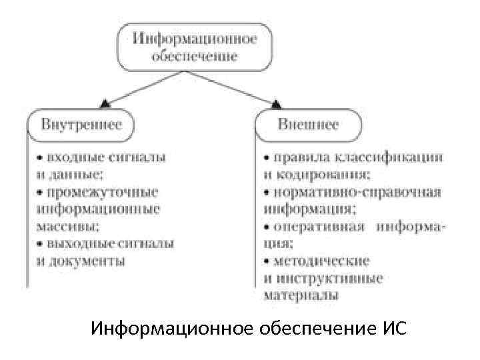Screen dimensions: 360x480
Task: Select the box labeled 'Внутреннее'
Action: click(81, 125)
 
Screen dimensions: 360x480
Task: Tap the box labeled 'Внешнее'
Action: click(308, 125)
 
